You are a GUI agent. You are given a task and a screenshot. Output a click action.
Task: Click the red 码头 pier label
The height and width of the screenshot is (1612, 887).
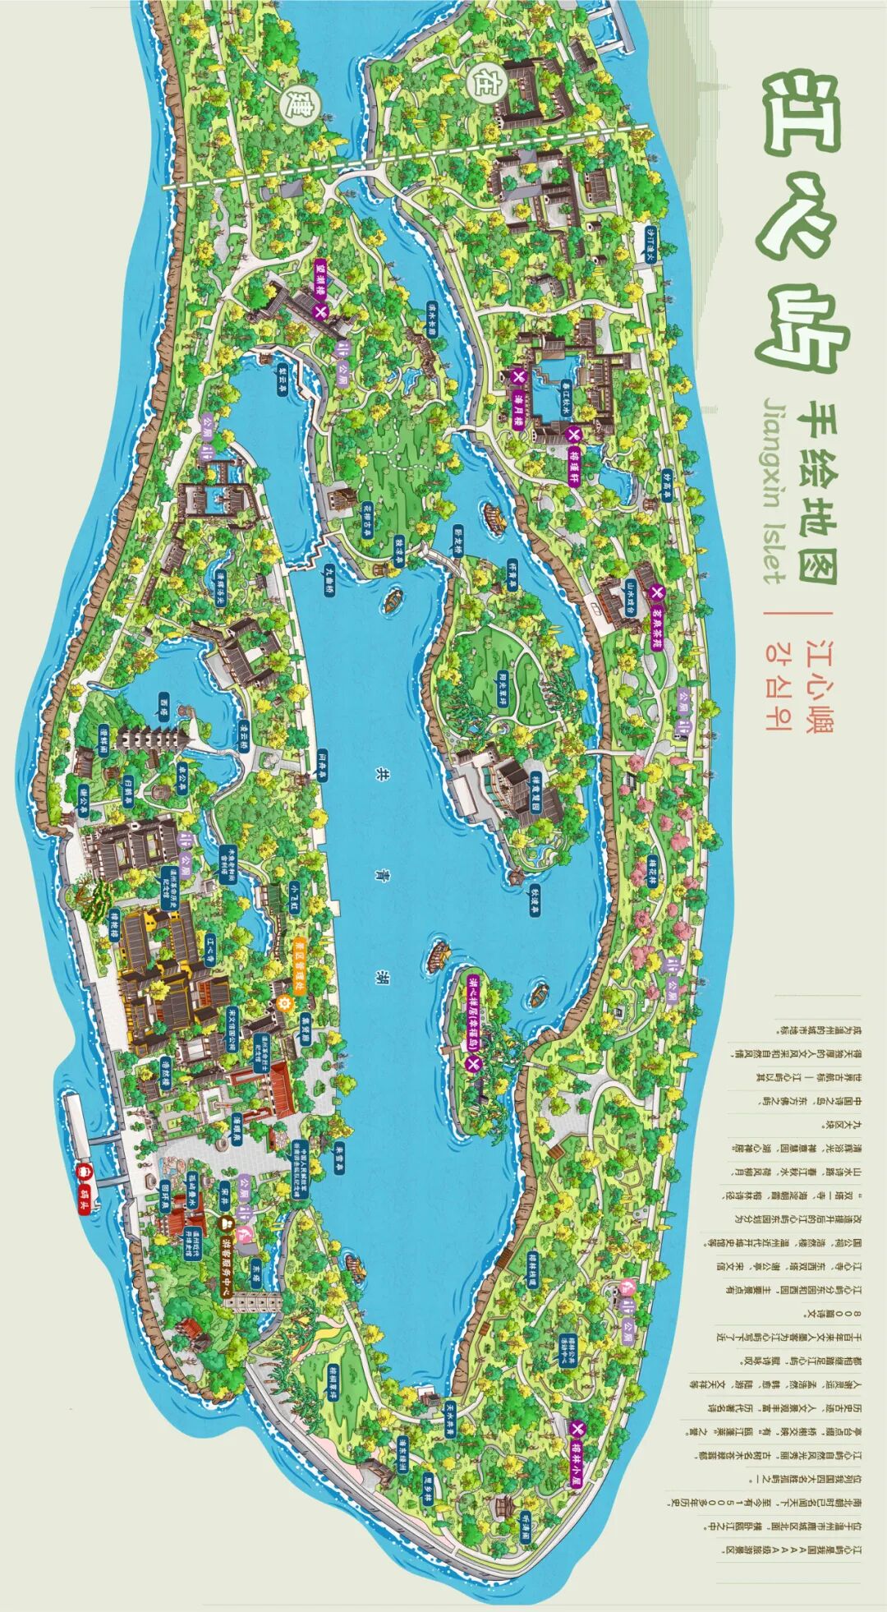pyautogui.click(x=84, y=1206)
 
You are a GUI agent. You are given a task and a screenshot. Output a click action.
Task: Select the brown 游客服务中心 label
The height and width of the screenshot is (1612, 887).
pyautogui.click(x=227, y=1270)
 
